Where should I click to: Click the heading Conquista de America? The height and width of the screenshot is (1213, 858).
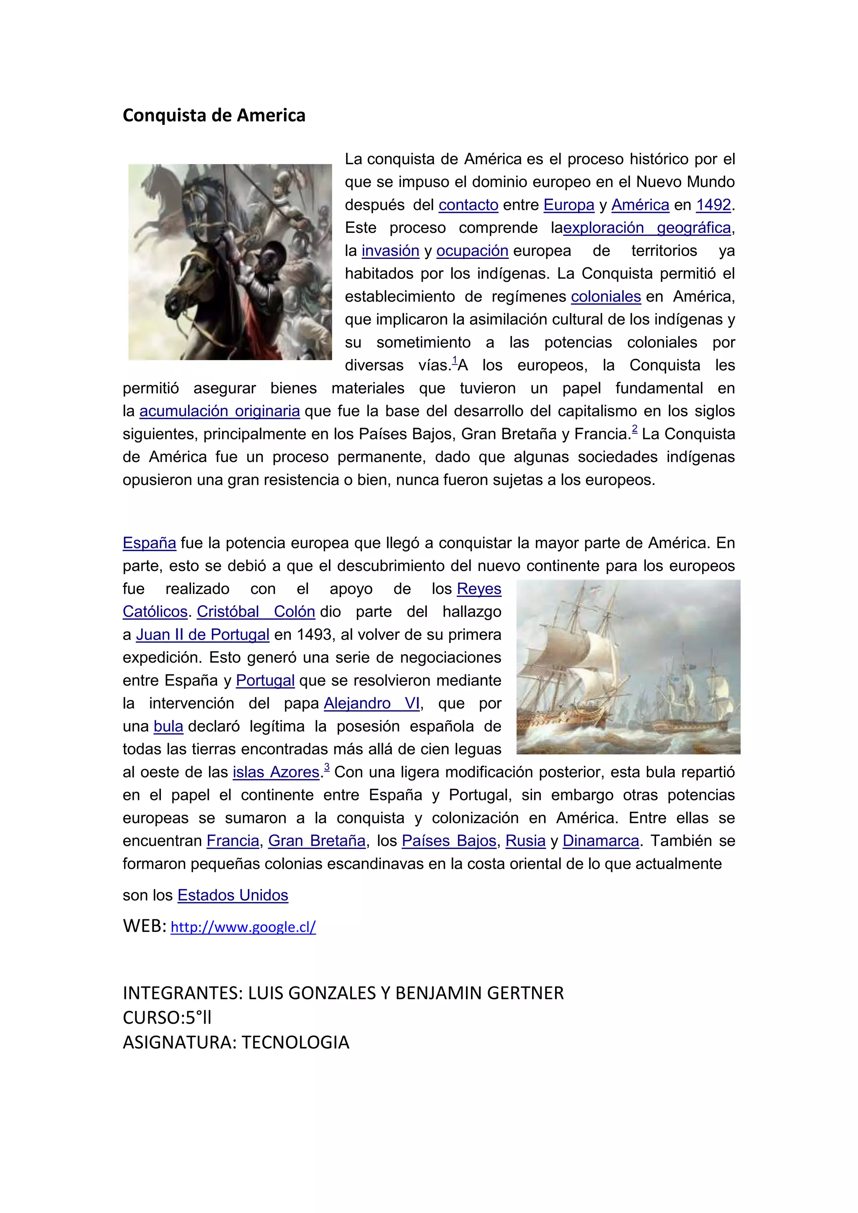(214, 115)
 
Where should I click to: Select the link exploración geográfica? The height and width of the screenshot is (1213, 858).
(647, 228)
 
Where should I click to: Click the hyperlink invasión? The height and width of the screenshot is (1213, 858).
(390, 251)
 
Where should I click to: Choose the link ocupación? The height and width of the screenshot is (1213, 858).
(472, 251)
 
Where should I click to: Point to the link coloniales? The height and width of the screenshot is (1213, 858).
(606, 297)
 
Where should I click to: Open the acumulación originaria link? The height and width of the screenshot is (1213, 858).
(220, 411)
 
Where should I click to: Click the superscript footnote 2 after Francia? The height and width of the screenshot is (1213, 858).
(635, 429)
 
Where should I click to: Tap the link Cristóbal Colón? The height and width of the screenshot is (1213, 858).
(256, 612)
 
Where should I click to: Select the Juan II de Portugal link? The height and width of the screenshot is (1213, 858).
(203, 635)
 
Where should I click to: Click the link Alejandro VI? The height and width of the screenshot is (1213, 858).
(372, 703)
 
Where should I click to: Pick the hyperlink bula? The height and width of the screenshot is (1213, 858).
(168, 726)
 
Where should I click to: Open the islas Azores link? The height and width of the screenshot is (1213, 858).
(277, 772)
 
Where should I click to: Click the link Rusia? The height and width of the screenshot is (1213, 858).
(525, 841)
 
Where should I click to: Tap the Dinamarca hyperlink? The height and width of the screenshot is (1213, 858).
(601, 841)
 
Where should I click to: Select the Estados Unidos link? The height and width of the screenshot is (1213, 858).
(233, 896)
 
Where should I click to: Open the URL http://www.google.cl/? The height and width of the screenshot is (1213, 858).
(243, 927)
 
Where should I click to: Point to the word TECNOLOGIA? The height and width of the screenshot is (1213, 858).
(295, 1043)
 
